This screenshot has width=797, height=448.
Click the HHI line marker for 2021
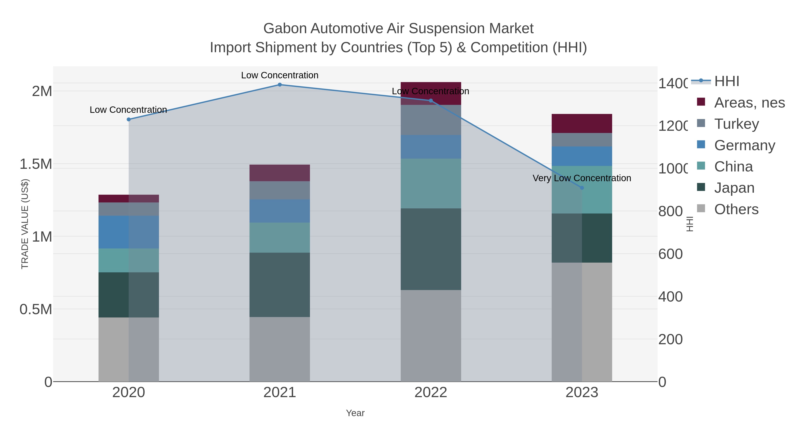pyautogui.click(x=280, y=85)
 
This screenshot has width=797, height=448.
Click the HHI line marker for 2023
pyautogui.click(x=582, y=188)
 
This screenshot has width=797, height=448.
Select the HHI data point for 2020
pyautogui.click(x=129, y=119)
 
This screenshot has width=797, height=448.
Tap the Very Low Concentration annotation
pyautogui.click(x=582, y=178)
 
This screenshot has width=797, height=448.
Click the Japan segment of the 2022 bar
pyautogui.click(x=431, y=249)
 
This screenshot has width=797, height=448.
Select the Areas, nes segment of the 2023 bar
pyautogui.click(x=582, y=123)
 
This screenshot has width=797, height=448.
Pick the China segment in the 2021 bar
pyautogui.click(x=280, y=237)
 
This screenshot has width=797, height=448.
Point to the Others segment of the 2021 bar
pyautogui.click(x=280, y=349)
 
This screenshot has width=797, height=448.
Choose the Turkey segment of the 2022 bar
pyautogui.click(x=431, y=120)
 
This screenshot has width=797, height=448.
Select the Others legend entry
pyautogui.click(x=736, y=209)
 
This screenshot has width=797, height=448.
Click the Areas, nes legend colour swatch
pyautogui.click(x=701, y=102)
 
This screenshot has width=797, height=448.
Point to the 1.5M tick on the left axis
pyautogui.click(x=36, y=164)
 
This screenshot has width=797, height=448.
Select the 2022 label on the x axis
pyautogui.click(x=431, y=392)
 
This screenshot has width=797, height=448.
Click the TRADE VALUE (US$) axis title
pyautogui.click(x=25, y=224)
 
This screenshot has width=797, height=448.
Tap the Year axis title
pyautogui.click(x=355, y=413)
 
